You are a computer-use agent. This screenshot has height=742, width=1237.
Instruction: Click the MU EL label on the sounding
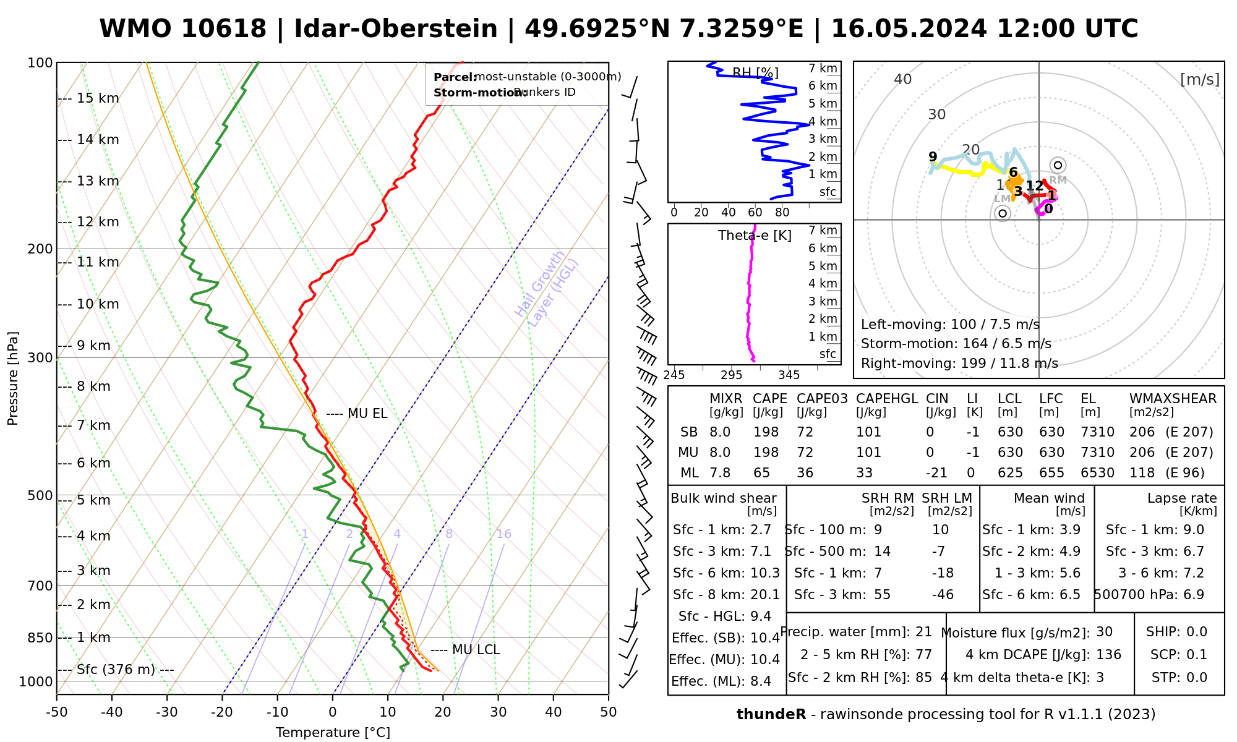coord(367,414)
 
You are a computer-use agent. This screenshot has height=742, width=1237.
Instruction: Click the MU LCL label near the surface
coord(476,650)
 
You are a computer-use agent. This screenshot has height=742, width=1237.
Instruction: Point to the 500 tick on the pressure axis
coord(41,496)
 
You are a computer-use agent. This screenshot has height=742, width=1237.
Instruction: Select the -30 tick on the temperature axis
coord(167,712)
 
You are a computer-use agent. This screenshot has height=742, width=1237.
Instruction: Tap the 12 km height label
coord(98,222)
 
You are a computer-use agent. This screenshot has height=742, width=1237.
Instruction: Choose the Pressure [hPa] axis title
coord(13,378)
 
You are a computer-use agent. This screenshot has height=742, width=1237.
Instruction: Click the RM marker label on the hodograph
coord(1058,180)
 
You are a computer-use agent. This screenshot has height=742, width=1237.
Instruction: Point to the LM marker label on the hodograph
coord(1002,198)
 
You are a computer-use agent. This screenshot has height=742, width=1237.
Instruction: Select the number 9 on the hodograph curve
coord(933,157)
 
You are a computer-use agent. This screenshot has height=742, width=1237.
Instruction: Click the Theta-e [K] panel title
coord(755,236)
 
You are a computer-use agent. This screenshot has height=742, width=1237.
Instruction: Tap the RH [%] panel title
coord(755,74)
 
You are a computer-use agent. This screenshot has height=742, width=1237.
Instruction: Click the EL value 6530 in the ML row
coord(1097,473)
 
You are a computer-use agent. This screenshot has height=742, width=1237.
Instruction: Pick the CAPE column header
coord(769,399)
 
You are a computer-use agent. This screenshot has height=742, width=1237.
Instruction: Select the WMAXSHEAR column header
coord(1173,399)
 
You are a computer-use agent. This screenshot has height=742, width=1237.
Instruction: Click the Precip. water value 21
coord(923,632)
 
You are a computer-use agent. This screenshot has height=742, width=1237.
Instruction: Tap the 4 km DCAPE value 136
coord(1108,655)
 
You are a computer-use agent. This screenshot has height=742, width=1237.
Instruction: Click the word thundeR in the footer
coord(771,715)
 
